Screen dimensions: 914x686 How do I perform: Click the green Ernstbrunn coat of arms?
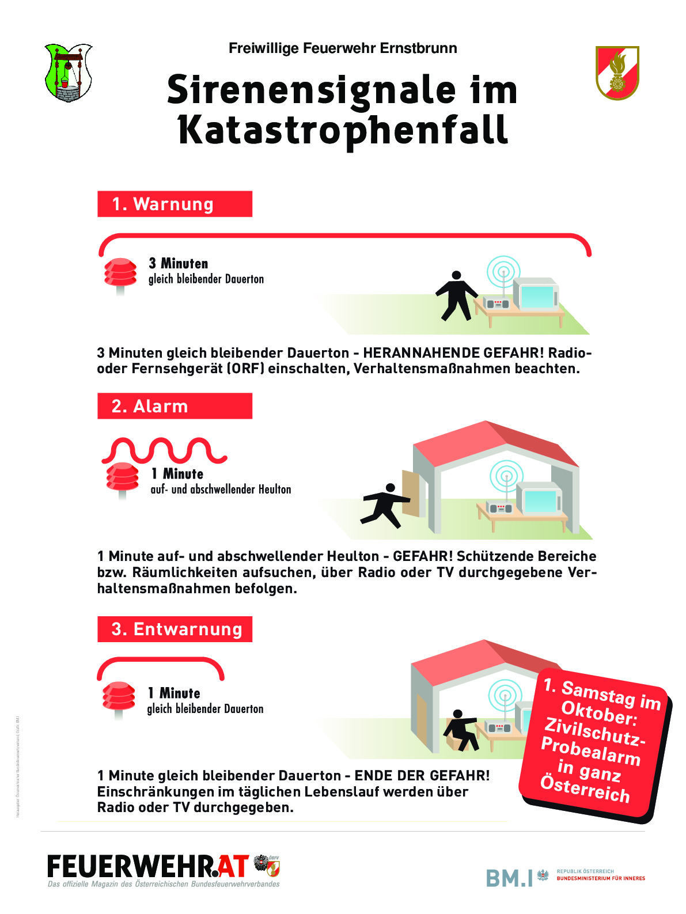click(x=68, y=73)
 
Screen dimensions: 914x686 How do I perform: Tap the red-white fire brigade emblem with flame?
click(x=617, y=73)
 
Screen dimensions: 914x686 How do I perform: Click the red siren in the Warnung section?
click(x=120, y=273)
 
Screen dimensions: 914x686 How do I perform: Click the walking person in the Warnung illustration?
click(x=456, y=295)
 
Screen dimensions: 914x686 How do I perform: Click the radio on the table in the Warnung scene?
click(x=497, y=303)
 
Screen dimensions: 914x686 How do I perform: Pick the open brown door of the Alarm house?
click(x=411, y=493)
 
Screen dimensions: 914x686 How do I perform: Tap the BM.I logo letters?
click(x=510, y=878)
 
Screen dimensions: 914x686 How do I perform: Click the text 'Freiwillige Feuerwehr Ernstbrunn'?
click(x=343, y=48)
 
